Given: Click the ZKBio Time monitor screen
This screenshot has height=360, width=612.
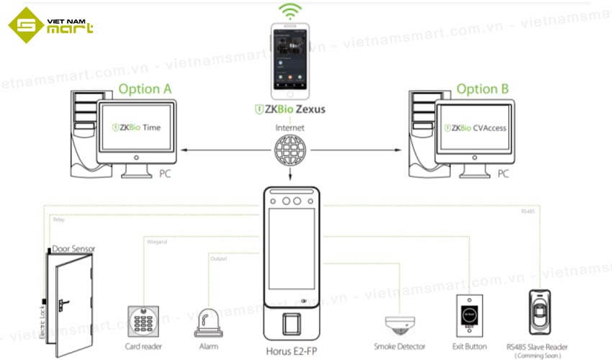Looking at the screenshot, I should tap(137, 128).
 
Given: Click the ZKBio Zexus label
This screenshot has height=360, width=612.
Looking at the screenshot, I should tap(291, 109).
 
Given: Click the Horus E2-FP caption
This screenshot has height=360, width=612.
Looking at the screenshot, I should tap(291, 348).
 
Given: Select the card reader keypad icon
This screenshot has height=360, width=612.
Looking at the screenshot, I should tap(142, 319).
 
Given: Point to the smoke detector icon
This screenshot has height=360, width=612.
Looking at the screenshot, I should tap(399, 323).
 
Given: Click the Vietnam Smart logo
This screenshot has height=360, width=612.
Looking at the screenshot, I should tap(50, 26).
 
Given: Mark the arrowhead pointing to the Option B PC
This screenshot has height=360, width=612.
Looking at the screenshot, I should tap(398, 150).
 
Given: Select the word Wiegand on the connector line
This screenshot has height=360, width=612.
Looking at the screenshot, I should tap(158, 242).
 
